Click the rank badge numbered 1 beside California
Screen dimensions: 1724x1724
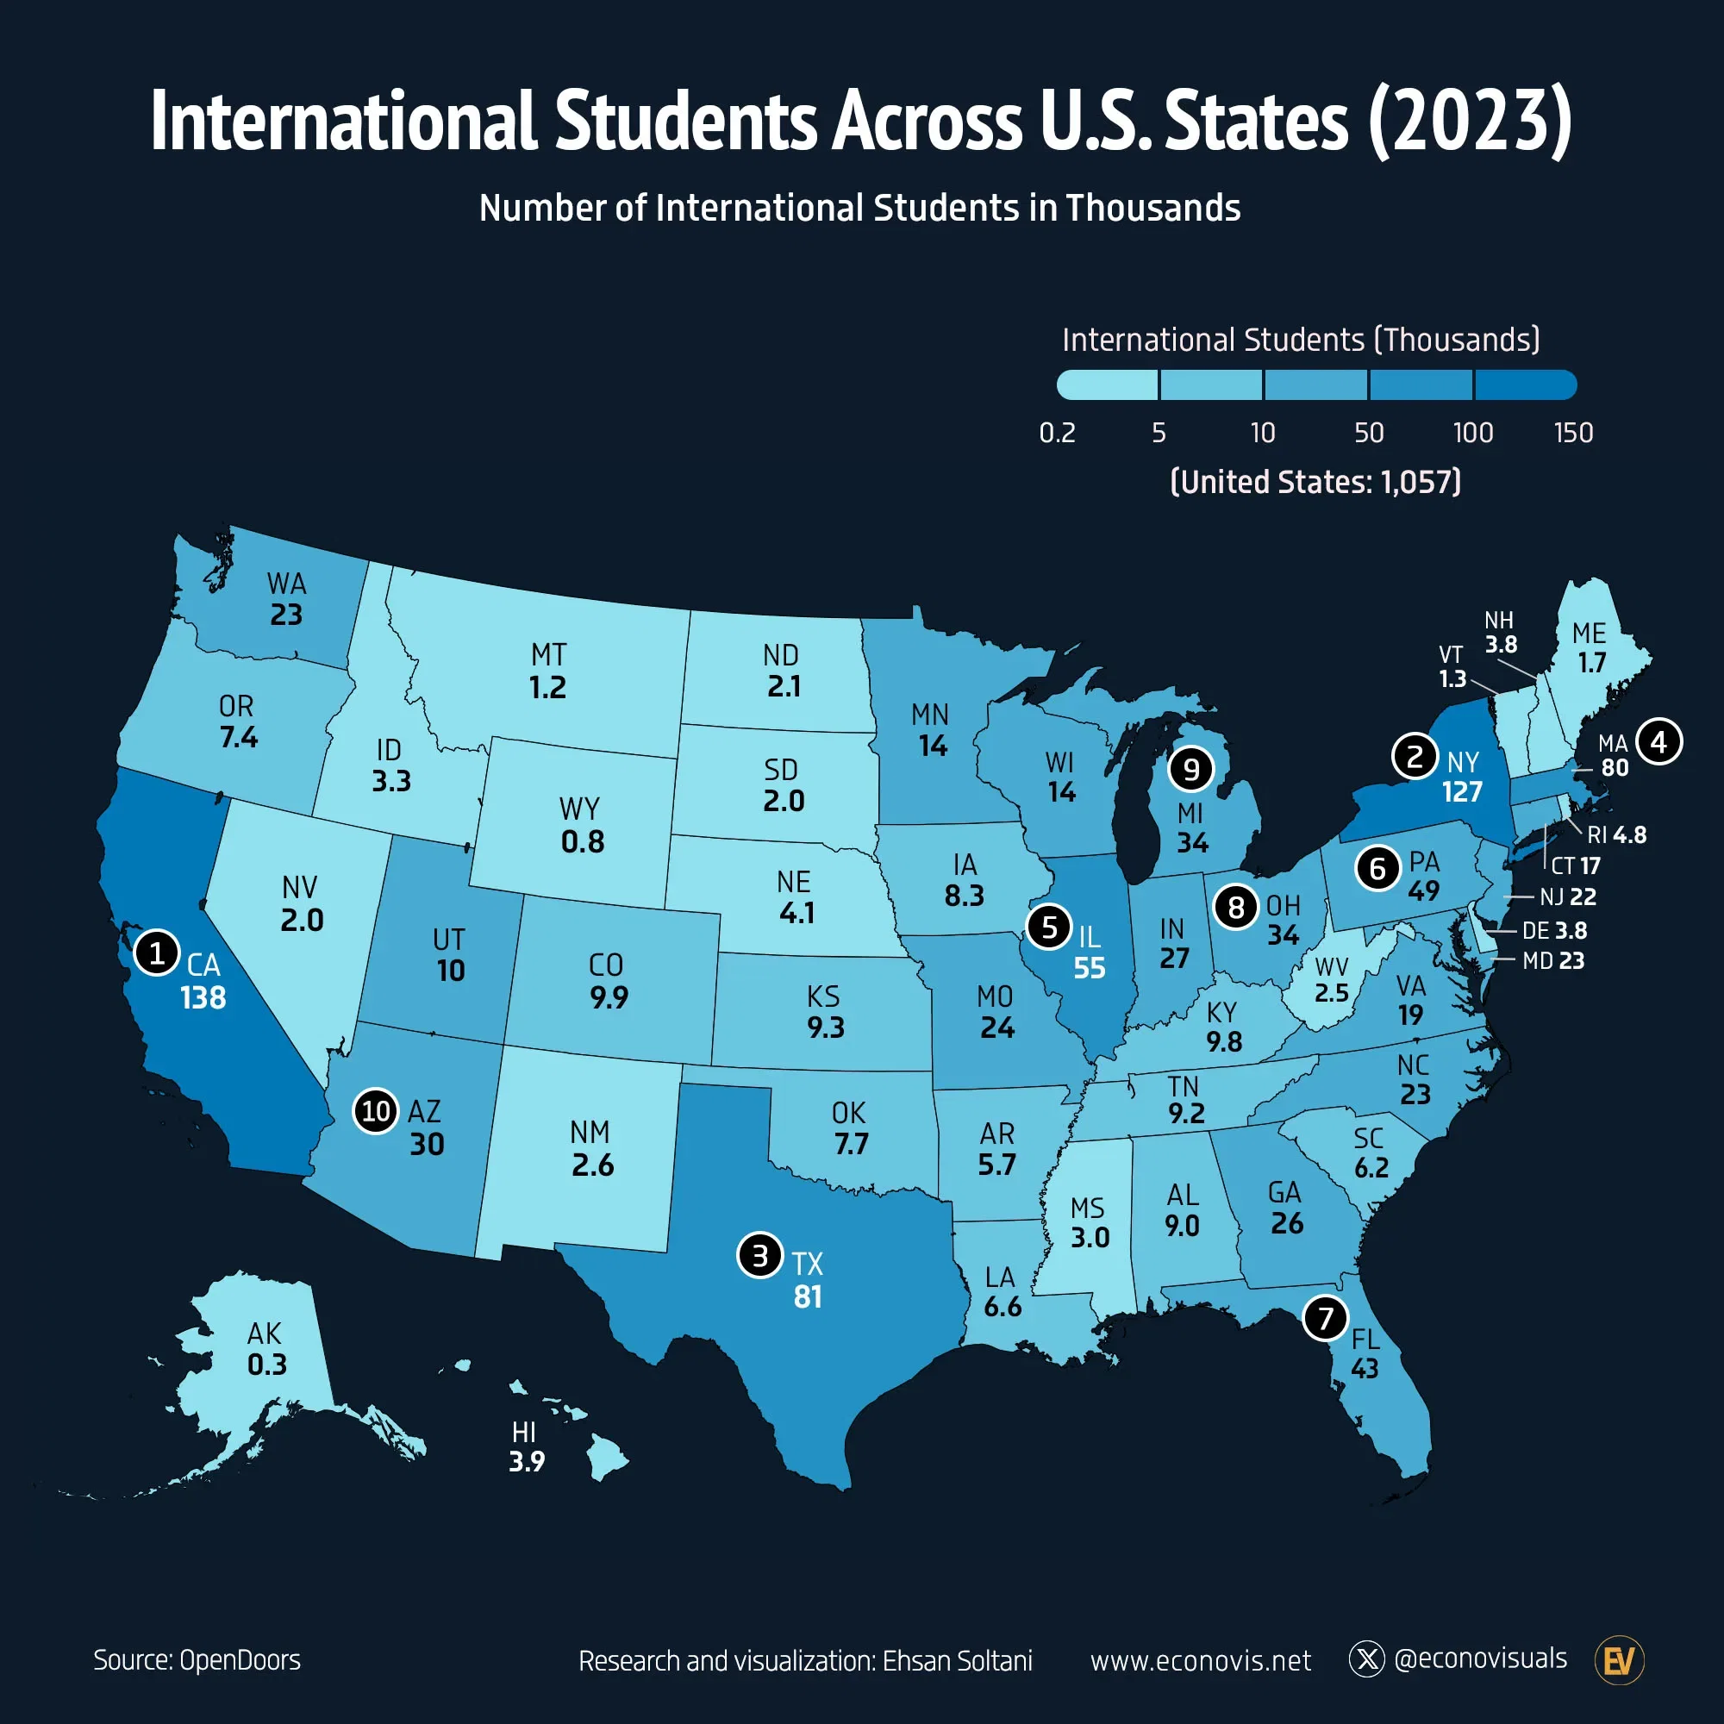click(x=157, y=953)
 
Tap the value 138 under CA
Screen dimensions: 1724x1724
click(x=203, y=997)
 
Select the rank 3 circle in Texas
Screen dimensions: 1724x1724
click(x=759, y=1256)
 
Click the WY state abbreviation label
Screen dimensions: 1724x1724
click(x=579, y=809)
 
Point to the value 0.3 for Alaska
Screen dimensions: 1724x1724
click(x=267, y=1365)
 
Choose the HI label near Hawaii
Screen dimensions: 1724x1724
click(x=524, y=1432)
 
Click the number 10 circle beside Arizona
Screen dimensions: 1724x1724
click(x=376, y=1111)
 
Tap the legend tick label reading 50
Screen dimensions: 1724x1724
click(x=1368, y=433)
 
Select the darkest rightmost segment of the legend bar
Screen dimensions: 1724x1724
click(x=1525, y=384)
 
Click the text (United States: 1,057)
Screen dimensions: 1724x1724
click(x=1315, y=482)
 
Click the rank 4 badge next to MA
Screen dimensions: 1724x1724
click(x=1658, y=740)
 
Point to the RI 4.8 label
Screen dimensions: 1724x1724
click(x=1616, y=834)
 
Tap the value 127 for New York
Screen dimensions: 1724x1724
click(x=1462, y=791)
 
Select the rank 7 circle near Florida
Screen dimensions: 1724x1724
click(x=1324, y=1317)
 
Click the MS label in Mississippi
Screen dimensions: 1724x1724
click(x=1087, y=1209)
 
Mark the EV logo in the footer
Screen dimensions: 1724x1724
click(x=1619, y=1661)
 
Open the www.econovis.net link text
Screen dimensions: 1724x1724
click(x=1200, y=1661)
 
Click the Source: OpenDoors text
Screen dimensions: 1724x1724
click(x=197, y=1659)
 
